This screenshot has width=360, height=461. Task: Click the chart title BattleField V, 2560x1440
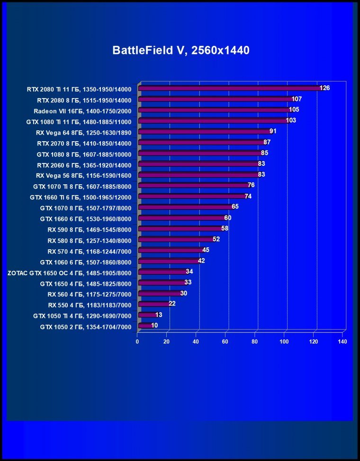[x=180, y=51]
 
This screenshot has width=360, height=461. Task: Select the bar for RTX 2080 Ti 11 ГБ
[x=230, y=89]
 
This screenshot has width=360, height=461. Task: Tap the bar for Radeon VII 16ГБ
[x=214, y=110]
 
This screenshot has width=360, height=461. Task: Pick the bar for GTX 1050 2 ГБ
[x=145, y=326]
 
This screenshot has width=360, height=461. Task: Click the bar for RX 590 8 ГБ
[x=180, y=229]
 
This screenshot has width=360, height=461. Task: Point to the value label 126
[x=324, y=88]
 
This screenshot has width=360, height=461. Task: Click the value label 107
[x=297, y=99]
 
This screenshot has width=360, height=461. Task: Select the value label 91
[x=273, y=131]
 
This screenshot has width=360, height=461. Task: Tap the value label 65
[x=235, y=207]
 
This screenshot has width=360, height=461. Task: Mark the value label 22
[x=172, y=303]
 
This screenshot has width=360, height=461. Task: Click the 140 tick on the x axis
[x=342, y=342]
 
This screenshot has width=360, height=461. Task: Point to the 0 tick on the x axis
[x=137, y=342]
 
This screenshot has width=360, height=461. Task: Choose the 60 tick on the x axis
[x=225, y=342]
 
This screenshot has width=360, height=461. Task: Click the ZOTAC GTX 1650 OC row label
[x=69, y=272]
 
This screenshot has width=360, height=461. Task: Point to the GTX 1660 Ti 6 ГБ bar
[x=191, y=196]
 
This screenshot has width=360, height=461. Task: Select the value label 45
[x=206, y=250]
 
